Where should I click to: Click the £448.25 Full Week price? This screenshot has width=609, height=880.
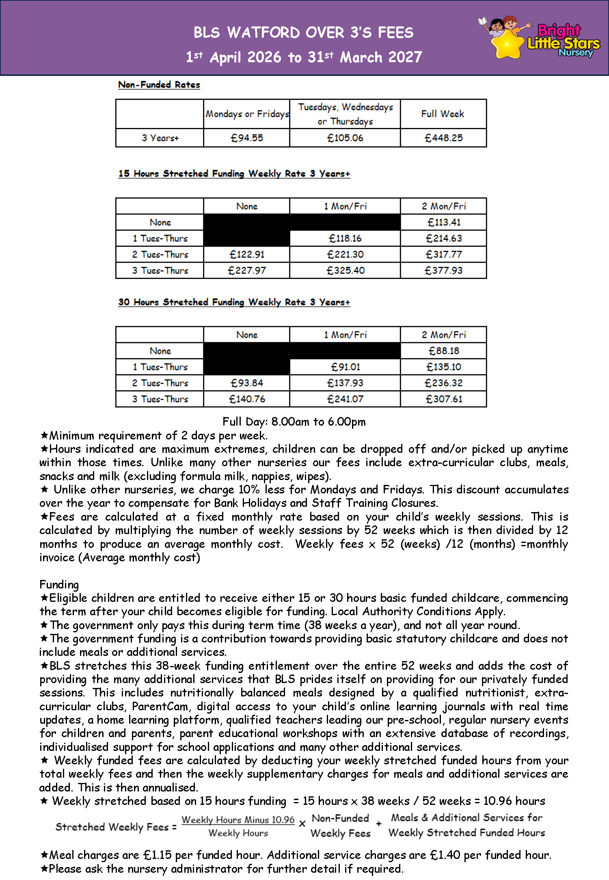443,138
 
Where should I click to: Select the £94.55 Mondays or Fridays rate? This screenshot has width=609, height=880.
247,138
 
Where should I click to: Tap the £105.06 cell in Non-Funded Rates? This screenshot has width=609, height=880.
345,138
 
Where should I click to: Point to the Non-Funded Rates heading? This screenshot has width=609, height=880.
159,85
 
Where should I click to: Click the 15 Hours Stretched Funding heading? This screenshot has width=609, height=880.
234,174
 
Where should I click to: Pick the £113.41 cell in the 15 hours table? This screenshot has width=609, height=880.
444,223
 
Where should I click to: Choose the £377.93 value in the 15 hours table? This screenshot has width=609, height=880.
443,270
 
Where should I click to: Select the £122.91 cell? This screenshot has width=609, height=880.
247,255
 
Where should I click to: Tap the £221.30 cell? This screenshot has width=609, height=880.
345,255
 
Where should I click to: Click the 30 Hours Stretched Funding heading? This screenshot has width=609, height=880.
234,303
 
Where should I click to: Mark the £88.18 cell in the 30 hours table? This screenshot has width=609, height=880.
444,351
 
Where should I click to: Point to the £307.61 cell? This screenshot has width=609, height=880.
444,399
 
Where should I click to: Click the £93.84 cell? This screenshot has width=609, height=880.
247,383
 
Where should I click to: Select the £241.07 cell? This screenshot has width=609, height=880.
345,399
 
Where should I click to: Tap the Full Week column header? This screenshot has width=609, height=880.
443,114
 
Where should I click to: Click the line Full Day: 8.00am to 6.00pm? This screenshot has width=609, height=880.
294,422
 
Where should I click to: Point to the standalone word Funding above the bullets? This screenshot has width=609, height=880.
59,585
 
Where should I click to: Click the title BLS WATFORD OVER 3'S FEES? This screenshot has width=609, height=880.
303,32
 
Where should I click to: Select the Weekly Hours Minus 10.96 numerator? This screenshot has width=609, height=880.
238,820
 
